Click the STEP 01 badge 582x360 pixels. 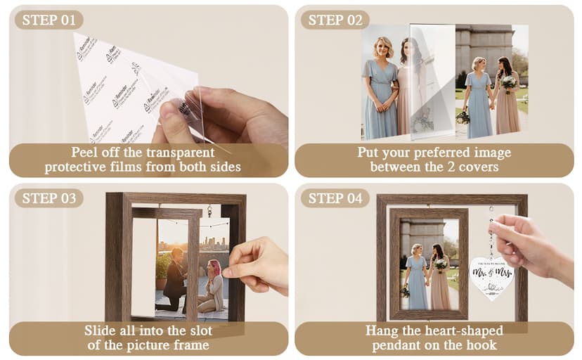point(48,20)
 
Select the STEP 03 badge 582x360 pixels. point(48,198)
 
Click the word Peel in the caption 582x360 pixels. point(85,153)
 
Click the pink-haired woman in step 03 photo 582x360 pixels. point(212,284)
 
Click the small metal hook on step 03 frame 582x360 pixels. point(209,209)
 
